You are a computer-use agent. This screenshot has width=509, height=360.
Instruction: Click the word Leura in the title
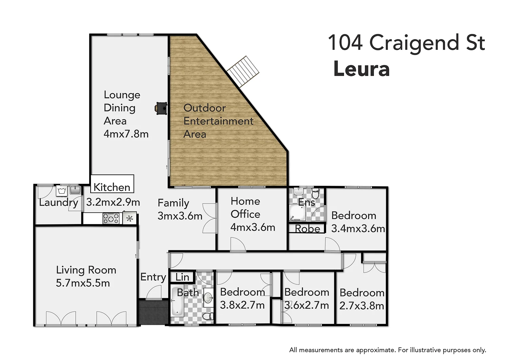361,69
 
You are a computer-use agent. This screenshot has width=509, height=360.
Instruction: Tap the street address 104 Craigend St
406,43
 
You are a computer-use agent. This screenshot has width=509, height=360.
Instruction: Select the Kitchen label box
112,184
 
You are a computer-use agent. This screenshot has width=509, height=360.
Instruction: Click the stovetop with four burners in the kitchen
111,218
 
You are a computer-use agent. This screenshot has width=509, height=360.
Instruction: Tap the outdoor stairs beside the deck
243,71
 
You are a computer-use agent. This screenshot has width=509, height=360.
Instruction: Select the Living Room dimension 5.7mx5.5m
83,283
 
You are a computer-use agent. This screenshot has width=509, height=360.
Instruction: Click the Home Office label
245,208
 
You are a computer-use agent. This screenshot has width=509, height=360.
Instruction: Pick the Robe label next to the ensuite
307,229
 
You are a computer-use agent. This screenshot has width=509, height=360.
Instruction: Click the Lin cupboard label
182,277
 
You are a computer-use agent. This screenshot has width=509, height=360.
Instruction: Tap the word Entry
153,277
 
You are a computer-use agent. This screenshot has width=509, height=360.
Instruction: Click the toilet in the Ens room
315,194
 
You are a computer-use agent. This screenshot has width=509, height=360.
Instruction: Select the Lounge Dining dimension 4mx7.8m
126,134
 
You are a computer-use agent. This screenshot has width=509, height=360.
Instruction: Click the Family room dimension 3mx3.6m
180,216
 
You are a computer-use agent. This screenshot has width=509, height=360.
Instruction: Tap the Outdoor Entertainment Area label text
218,121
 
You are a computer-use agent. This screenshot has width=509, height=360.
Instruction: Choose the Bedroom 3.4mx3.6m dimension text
358,229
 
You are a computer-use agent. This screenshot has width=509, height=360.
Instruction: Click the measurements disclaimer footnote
388,350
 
